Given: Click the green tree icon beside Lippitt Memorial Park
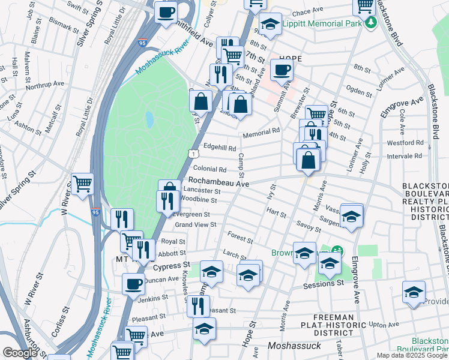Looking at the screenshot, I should coord(372,22).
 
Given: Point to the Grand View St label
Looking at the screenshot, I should coord(195,225).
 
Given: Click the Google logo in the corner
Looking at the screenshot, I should coord(20,353).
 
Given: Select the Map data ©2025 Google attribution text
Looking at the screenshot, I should coord(411,355).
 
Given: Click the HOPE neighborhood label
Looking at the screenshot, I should coord(289,59).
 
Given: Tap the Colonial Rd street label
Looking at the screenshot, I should coord(209,170).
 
